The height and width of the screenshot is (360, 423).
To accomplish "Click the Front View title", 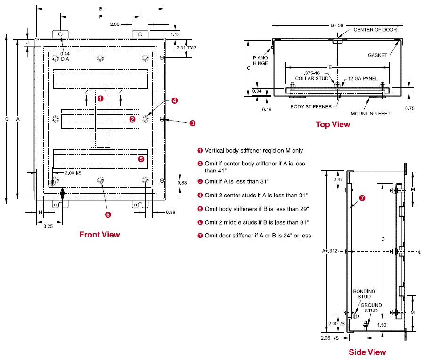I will [99, 235].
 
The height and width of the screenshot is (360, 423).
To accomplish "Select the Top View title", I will [333, 124].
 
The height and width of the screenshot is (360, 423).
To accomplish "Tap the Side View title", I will [367, 352].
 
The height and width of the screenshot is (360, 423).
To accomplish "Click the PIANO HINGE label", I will [260, 60].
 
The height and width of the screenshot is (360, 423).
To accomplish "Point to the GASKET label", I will [377, 55].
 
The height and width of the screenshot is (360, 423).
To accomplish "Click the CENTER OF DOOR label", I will [375, 30].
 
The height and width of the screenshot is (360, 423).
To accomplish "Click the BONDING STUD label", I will [364, 294].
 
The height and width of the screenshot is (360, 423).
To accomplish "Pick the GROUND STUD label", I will [371, 308].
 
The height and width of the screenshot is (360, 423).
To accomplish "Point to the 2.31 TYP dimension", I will [186, 48].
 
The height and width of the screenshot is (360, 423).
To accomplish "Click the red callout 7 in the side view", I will [362, 198].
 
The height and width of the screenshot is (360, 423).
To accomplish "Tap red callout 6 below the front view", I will [108, 214].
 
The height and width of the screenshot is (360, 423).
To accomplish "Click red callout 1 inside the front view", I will [100, 98].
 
